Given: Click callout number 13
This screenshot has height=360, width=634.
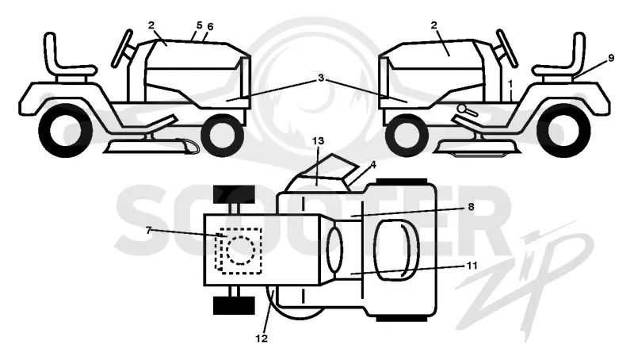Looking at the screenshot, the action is click(x=319, y=141).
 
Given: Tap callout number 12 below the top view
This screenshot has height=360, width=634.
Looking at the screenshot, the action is click(x=262, y=338).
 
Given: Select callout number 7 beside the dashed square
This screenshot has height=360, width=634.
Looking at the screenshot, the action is click(x=148, y=230).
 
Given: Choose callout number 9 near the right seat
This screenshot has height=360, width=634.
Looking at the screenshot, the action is click(x=611, y=58).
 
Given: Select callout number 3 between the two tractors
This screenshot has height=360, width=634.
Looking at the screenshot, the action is click(x=321, y=78).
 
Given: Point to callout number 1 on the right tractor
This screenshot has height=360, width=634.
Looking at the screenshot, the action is click(x=510, y=84).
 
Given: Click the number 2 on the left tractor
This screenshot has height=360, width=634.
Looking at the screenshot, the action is click(x=151, y=25).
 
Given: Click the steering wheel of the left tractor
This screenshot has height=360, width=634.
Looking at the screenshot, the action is click(x=122, y=48).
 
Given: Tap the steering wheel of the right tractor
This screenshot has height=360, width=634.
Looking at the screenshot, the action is click(x=507, y=48).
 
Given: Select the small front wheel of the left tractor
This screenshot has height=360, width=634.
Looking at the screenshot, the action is click(x=223, y=135).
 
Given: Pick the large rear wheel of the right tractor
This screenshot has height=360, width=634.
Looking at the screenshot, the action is click(x=563, y=130).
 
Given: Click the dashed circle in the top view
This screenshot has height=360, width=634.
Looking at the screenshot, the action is click(x=241, y=251).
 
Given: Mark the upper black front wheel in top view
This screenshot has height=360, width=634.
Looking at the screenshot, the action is click(x=234, y=194).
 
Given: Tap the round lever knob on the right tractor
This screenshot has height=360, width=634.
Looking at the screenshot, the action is click(x=461, y=108).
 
